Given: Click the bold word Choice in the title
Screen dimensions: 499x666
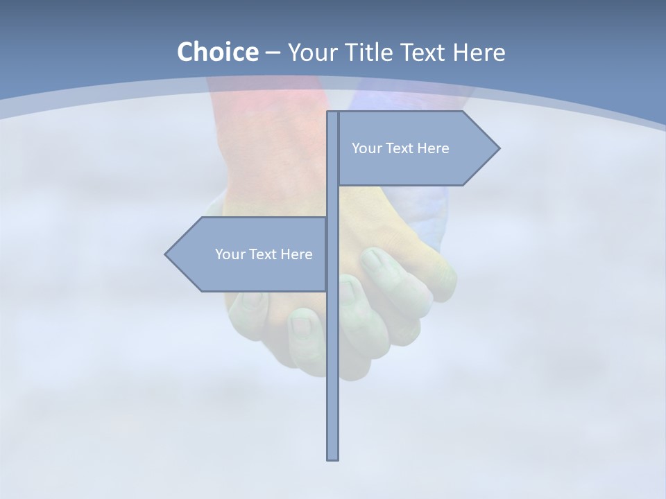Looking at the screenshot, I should pyautogui.click(x=217, y=52).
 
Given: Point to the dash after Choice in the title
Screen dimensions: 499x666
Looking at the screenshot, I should pyautogui.click(x=272, y=53).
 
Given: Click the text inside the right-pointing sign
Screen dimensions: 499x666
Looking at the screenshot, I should pyautogui.click(x=400, y=148).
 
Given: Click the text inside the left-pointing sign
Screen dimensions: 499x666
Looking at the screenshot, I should pyautogui.click(x=264, y=254).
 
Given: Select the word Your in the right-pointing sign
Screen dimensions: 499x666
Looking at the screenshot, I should pyautogui.click(x=366, y=148).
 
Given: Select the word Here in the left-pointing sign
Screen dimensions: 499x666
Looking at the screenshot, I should pyautogui.click(x=296, y=254).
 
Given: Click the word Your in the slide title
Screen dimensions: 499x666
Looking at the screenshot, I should pyautogui.click(x=311, y=52).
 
